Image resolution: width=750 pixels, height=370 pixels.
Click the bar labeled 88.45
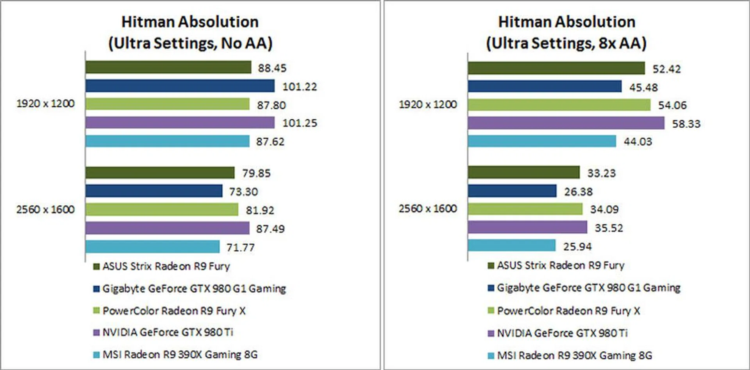[168, 67]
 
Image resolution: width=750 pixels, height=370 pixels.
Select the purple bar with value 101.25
[180, 123]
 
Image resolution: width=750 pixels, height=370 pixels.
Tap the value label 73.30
[243, 192]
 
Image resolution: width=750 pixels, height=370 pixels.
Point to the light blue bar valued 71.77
[152, 247]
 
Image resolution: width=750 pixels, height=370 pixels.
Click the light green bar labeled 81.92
[162, 210]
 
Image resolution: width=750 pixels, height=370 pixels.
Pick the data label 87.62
[270, 142]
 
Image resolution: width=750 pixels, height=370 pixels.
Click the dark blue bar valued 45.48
[545, 86]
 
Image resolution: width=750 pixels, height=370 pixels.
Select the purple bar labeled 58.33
[566, 123]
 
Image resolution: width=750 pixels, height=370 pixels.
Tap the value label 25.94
[577, 247]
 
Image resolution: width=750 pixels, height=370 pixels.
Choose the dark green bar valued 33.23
[523, 172]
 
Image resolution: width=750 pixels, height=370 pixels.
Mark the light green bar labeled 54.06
[559, 105]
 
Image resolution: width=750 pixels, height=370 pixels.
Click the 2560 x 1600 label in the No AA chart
[45, 210]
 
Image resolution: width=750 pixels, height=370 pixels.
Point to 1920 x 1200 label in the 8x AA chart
[428, 105]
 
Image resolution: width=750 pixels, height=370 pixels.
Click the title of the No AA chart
[190, 32]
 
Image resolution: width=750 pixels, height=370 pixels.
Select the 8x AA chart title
[566, 32]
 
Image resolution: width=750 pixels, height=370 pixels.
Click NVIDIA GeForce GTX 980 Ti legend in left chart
[168, 332]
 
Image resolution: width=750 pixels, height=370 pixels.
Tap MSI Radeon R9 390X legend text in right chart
[575, 356]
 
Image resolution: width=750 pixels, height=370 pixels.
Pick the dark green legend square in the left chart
[96, 267]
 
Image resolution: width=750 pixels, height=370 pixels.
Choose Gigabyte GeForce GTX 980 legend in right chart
[588, 288]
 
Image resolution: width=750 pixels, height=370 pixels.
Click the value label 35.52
[609, 228]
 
